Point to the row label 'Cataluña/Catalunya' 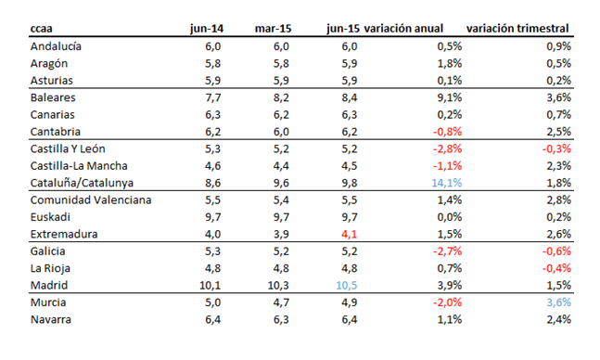[x=83, y=183]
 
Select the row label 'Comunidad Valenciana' [x=90, y=199]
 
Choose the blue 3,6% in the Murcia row [x=555, y=302]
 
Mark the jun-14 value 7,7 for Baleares [x=213, y=97]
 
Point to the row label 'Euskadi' [x=53, y=217]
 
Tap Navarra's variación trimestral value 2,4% [x=555, y=319]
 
